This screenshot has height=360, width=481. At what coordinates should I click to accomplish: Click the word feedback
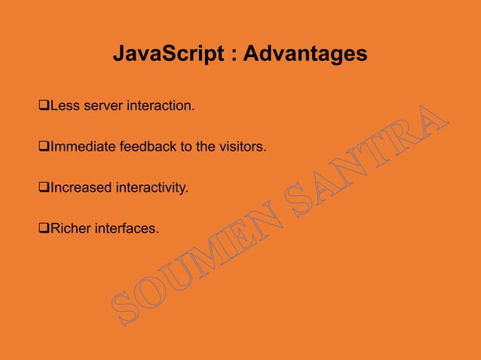pyautogui.click(x=143, y=147)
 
